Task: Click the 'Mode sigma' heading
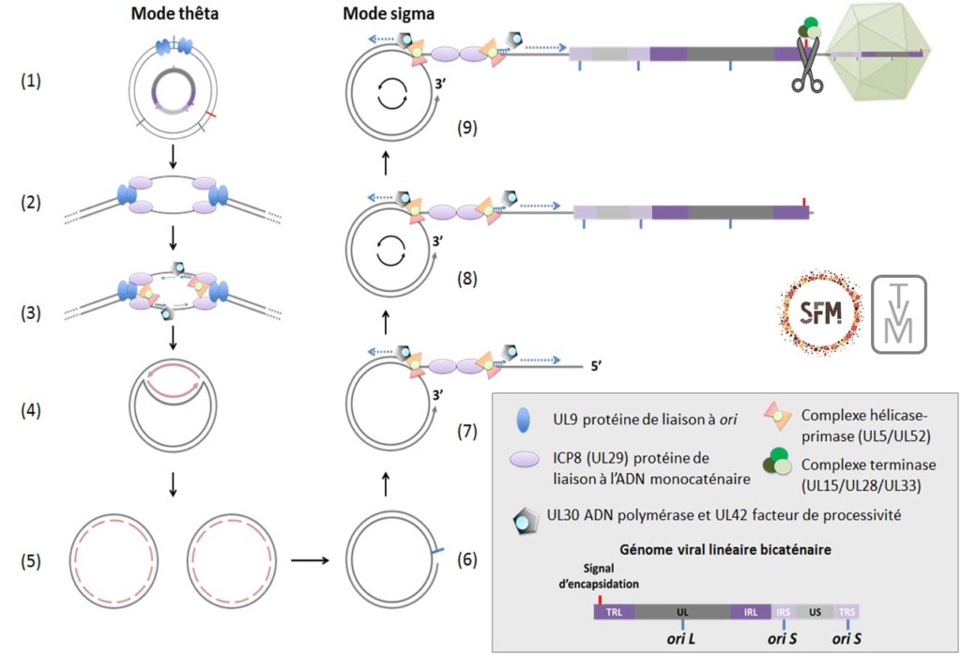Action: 381,14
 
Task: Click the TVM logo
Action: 900,314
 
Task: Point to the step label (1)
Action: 32,82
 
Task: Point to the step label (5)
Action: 32,564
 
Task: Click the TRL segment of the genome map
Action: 614,611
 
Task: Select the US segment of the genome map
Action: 815,611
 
